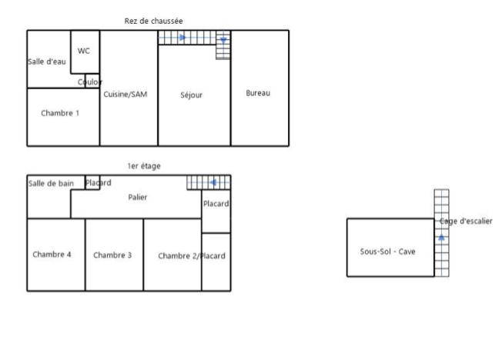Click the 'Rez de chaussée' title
click(x=153, y=21)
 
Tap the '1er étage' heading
click(x=144, y=165)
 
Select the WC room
click(x=84, y=51)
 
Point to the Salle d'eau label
click(x=46, y=62)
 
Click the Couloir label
click(x=89, y=82)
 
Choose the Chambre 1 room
click(x=60, y=113)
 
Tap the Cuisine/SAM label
click(x=125, y=95)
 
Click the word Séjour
click(x=191, y=95)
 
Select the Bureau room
click(x=258, y=94)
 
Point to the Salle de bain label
click(x=51, y=183)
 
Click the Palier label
click(x=138, y=198)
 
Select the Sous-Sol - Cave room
click(x=388, y=251)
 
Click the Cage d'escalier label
click(x=466, y=222)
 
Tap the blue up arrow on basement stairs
click(x=441, y=238)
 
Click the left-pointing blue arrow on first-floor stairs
click(x=214, y=182)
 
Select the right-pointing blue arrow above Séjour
click(x=182, y=37)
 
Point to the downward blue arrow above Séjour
click(x=223, y=40)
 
